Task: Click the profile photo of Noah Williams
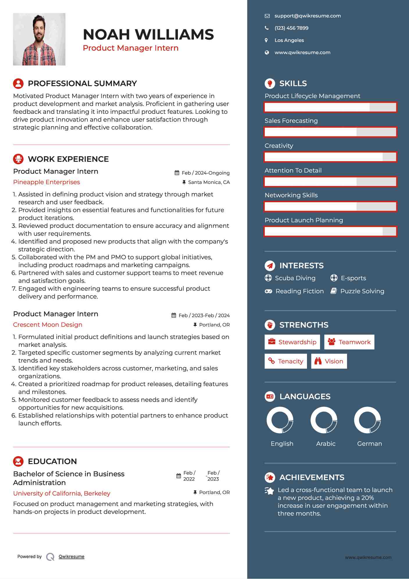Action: coord(39,39)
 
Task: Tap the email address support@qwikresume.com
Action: coord(308,16)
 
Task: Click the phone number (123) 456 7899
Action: coord(291,28)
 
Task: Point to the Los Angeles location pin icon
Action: coord(266,40)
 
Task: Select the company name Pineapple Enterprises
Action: coord(47,182)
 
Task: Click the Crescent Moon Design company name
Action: coord(48,325)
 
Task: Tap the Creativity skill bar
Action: coord(330,157)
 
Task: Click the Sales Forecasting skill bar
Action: coord(330,132)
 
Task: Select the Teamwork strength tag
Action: coord(349,342)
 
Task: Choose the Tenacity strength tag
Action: coord(285,361)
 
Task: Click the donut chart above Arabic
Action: coord(324,420)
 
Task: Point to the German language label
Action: coord(369,444)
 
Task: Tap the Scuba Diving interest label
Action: coord(295,278)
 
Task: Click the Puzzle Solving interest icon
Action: coord(334,291)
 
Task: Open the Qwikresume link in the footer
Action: coord(71,557)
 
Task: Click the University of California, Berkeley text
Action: coord(62,493)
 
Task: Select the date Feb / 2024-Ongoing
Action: coord(206,173)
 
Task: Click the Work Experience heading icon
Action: coord(18,159)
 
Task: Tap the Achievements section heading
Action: coord(312,477)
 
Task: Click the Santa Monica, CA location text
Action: coord(209,182)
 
